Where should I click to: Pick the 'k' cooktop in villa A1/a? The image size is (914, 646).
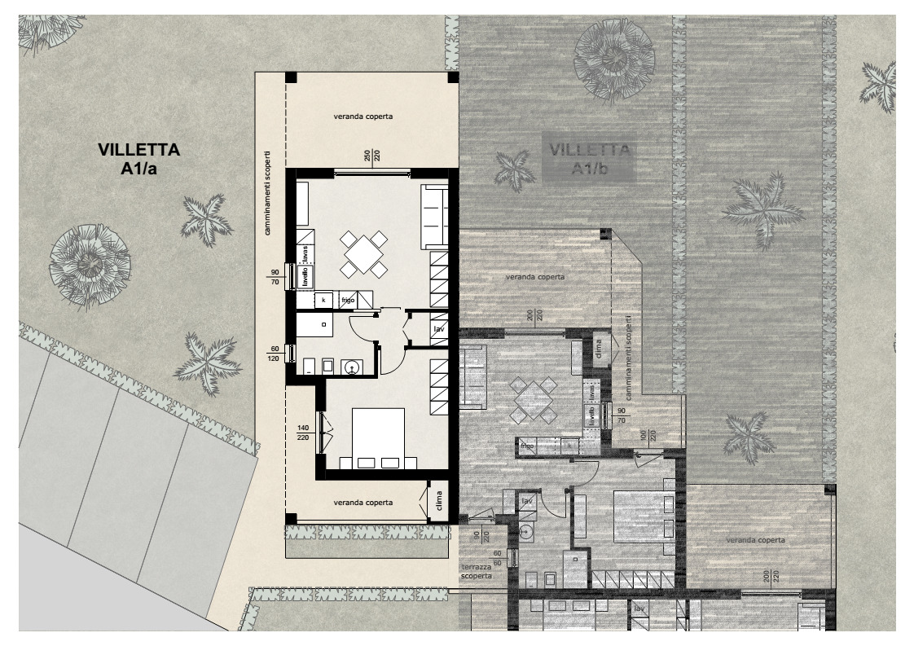323,301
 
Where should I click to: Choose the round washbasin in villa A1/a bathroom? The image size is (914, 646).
351,368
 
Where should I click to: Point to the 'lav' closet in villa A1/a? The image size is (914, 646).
438,330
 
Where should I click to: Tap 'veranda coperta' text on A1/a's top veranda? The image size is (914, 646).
363,116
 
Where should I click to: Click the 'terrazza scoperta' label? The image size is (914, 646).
476,571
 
